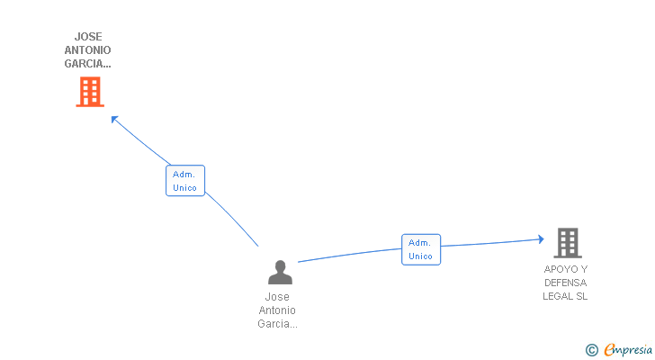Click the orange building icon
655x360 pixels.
click(90, 92)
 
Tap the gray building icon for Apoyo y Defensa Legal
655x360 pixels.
click(568, 243)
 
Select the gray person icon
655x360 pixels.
click(281, 273)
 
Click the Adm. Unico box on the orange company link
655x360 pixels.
click(185, 180)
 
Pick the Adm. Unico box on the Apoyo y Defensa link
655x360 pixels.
click(421, 249)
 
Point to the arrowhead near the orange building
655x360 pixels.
click(114, 120)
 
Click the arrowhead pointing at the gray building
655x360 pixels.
click(541, 239)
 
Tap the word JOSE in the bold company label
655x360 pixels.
click(88, 37)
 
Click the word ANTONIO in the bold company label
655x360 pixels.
click(88, 50)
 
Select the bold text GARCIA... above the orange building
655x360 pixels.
click(88, 64)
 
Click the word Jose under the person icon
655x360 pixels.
click(277, 296)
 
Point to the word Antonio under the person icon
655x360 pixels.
click(277, 310)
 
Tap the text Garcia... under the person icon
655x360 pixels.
click(277, 324)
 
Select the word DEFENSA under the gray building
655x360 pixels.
click(566, 283)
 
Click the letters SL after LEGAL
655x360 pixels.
click(582, 296)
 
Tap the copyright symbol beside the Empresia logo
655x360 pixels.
click(591, 350)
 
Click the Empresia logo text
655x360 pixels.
click(628, 349)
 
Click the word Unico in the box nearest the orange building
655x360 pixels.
click(184, 188)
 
